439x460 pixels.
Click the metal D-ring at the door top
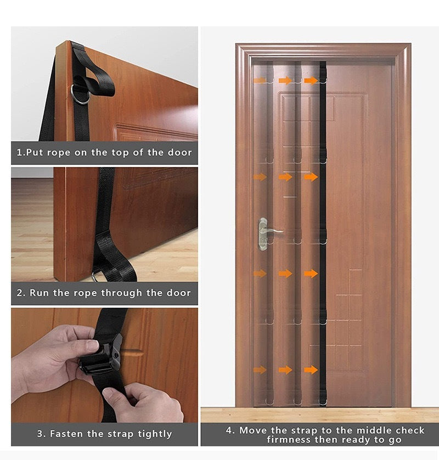click(81, 94)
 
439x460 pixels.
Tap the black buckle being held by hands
click(101, 355)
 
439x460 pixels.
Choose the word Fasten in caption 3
click(67, 434)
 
